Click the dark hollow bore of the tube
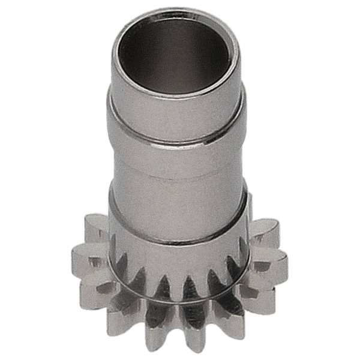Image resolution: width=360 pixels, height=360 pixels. click(x=180, y=57)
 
